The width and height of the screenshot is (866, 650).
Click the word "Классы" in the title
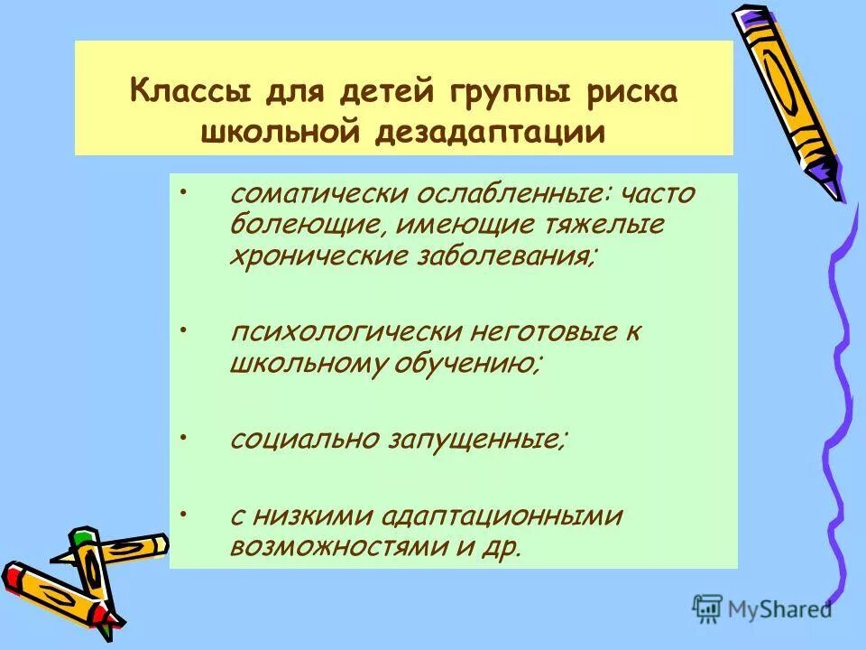(x=185, y=93)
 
